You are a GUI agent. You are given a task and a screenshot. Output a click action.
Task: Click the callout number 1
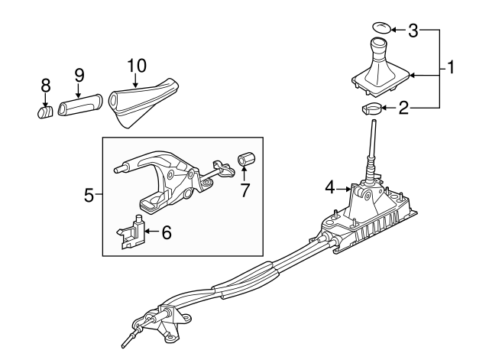[x=451, y=69]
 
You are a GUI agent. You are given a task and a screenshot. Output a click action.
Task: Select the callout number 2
[x=403, y=109]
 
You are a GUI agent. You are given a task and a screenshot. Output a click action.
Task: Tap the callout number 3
[x=413, y=31]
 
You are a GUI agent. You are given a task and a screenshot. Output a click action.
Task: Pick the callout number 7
[x=245, y=190]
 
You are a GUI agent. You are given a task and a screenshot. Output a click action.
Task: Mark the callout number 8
[x=45, y=85]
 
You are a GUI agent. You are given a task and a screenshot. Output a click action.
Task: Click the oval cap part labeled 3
[x=381, y=30]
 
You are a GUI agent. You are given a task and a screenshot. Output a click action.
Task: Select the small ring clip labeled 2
[x=371, y=109]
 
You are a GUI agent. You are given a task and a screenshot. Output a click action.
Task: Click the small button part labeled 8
[x=45, y=112]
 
